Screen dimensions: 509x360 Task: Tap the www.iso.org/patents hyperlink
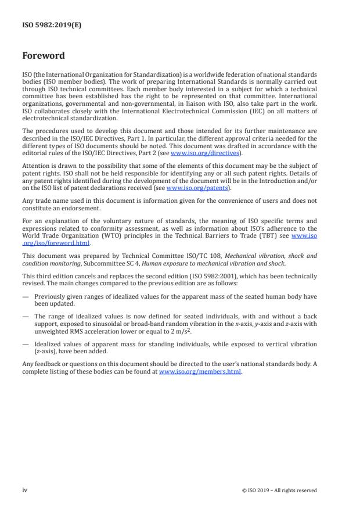[189, 188]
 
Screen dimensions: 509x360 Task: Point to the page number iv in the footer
[24, 490]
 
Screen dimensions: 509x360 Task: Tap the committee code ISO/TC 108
[172, 256]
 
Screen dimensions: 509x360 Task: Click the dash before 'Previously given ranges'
[25, 296]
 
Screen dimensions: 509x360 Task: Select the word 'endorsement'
[81, 208]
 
